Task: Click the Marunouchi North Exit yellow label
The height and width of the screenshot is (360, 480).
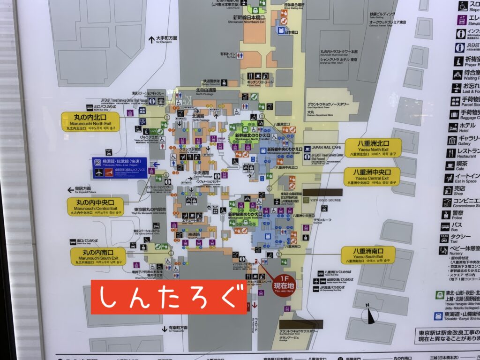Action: (x=90, y=121)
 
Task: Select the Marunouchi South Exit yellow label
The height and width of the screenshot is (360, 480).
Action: (x=98, y=256)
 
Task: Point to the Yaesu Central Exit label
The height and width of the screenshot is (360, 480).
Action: (x=372, y=176)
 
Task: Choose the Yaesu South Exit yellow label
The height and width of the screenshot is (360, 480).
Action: (x=368, y=255)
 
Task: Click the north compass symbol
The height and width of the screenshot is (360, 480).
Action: (x=370, y=315)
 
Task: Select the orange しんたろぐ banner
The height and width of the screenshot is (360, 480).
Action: (x=169, y=297)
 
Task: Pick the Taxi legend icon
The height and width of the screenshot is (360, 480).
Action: (x=445, y=238)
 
